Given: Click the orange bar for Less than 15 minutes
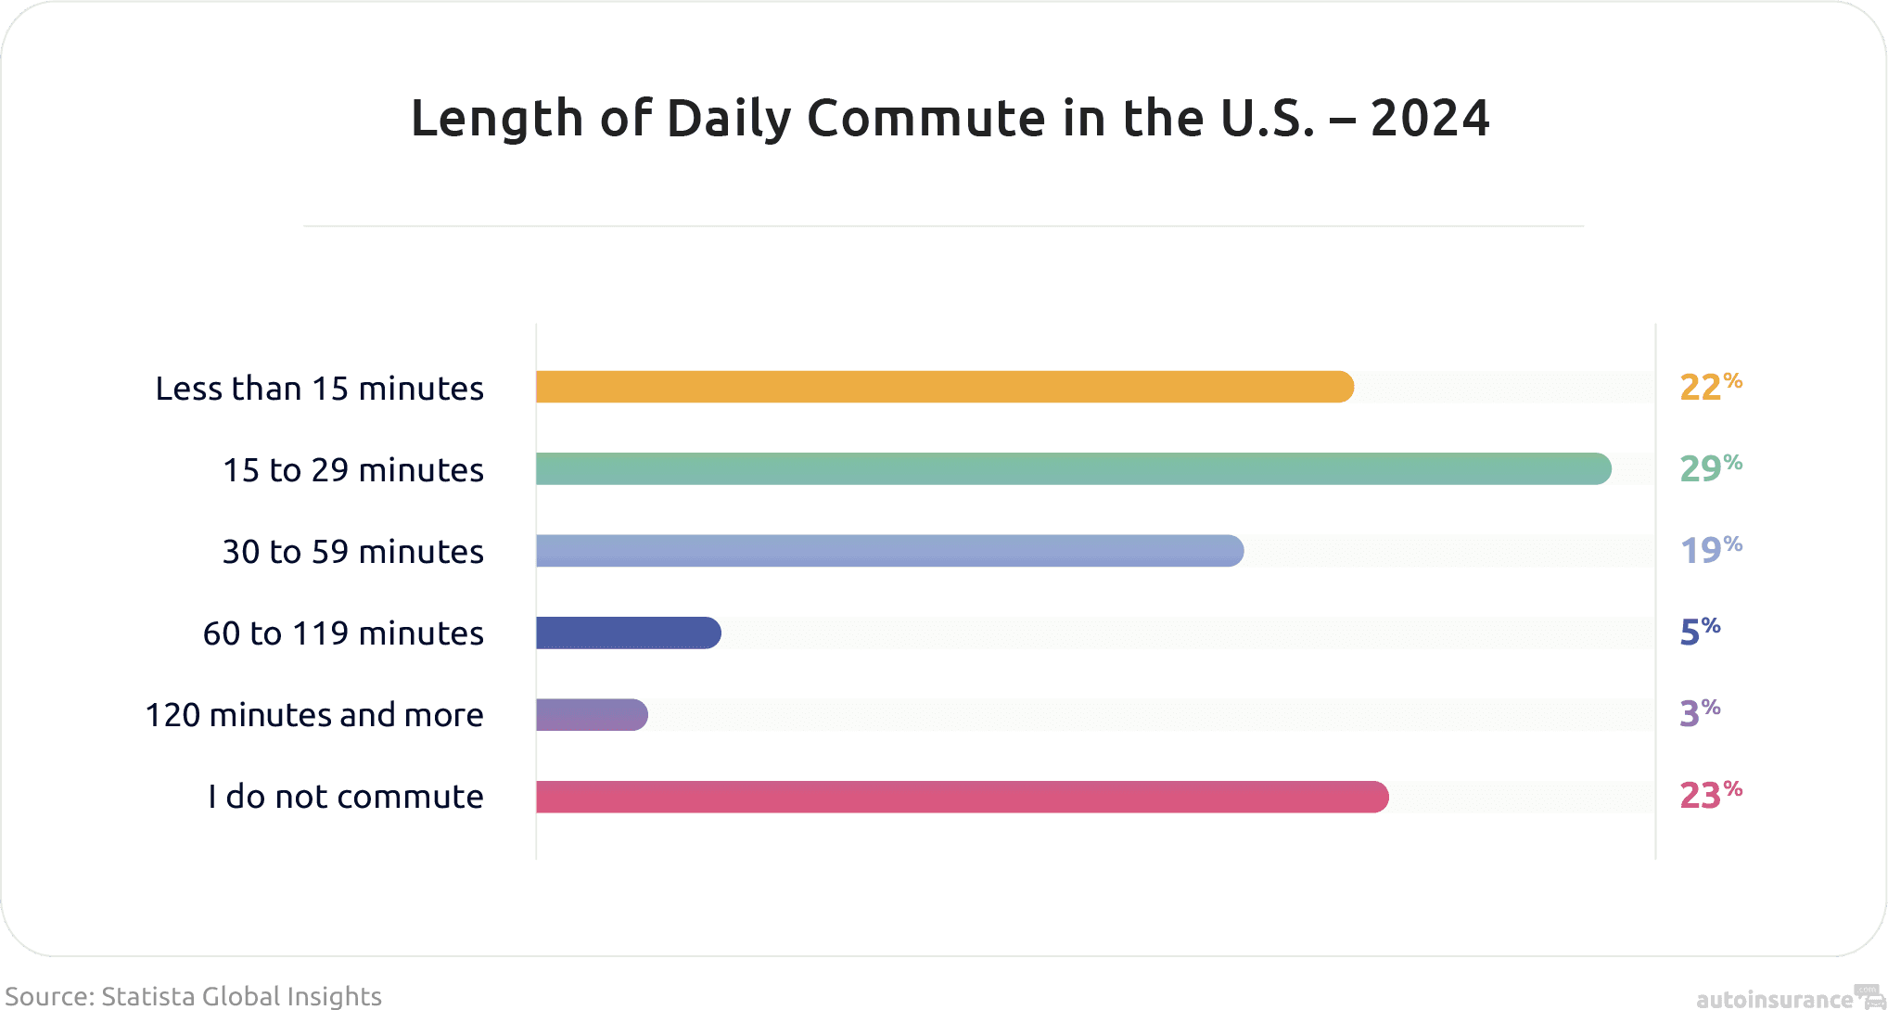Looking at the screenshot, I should coord(944,387).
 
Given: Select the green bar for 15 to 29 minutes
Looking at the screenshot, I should coord(1073,468).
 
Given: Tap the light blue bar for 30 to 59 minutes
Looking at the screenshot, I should coord(889,550).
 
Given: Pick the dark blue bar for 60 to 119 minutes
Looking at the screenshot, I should coord(628,633).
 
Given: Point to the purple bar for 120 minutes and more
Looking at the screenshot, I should coord(592,714).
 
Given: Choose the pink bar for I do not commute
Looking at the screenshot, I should coord(962,797).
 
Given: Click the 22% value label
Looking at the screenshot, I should coord(1710,387).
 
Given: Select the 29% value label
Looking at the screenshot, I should coord(1710,468).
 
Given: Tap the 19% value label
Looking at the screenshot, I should coord(1710,550).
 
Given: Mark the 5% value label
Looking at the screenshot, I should coord(1700,632).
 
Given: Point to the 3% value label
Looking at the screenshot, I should coord(1700,713).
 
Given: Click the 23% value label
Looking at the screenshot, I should coord(1710,795).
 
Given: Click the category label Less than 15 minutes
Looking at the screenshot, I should coord(319,388).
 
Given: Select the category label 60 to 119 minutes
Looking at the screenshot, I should coord(343,633).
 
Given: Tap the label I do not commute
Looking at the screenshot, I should coord(345,797).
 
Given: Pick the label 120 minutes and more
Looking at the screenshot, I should coord(314,715).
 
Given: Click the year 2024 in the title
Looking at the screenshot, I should coord(1429,119).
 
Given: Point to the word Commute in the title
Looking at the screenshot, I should coord(925,119).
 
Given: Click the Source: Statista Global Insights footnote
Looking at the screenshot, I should coord(193,996).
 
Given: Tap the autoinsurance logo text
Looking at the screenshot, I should coord(1773,999).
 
